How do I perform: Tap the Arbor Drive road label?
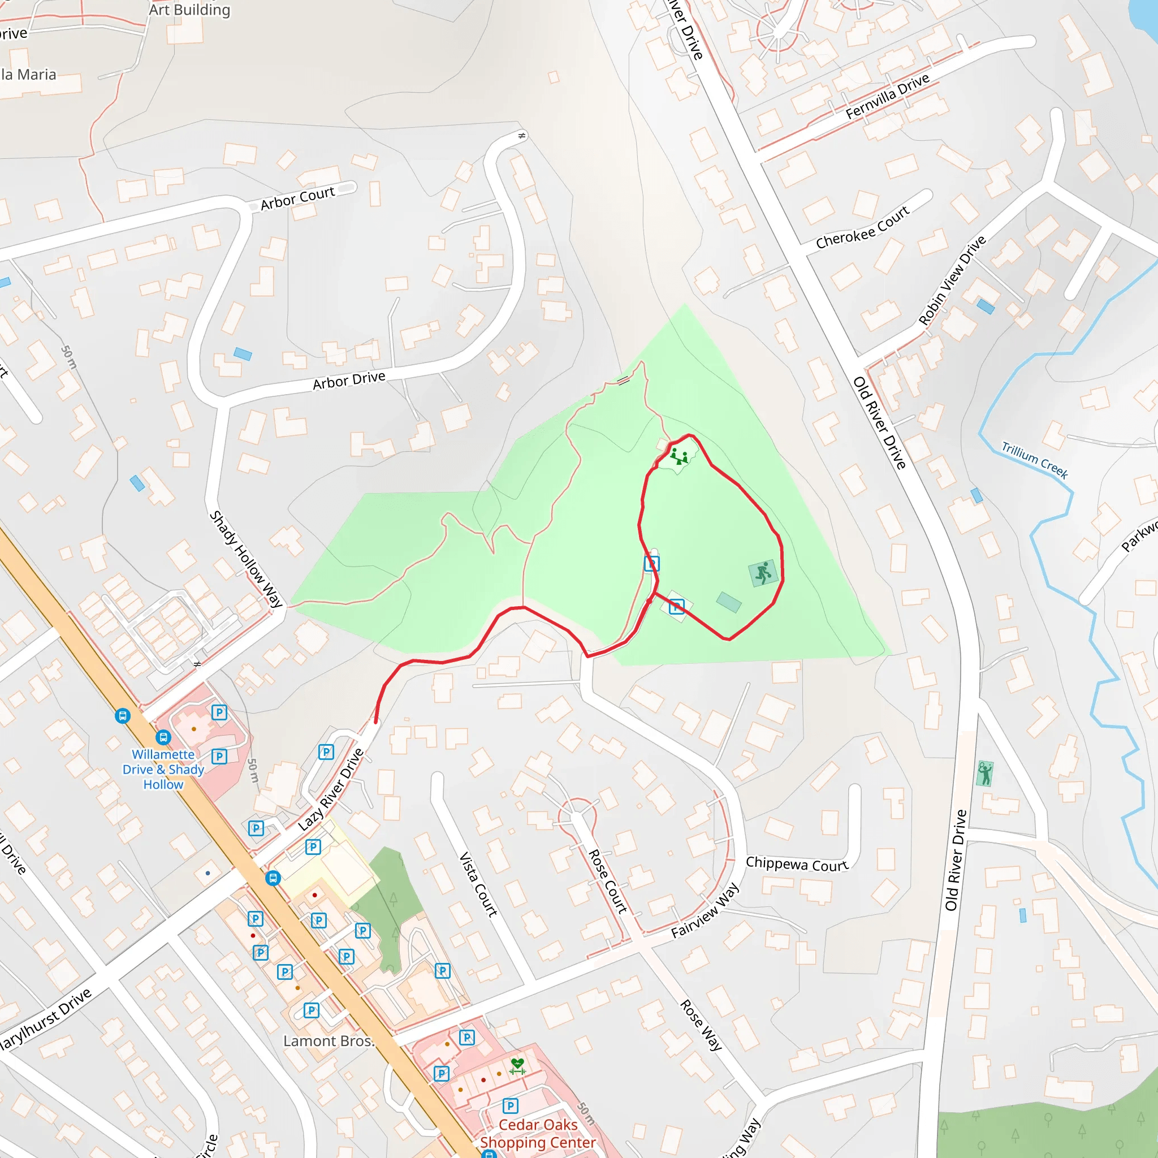(x=349, y=380)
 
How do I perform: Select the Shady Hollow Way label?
(x=246, y=559)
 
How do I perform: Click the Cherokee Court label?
(x=862, y=227)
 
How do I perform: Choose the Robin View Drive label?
(x=952, y=280)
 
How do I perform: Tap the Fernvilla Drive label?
(x=887, y=96)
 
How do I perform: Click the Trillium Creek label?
(x=1035, y=460)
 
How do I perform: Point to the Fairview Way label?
(x=705, y=910)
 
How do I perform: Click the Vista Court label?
(x=478, y=885)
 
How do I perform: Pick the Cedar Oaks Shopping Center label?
(x=538, y=1134)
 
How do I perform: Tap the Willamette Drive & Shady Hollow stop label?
(x=163, y=769)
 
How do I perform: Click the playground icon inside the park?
(x=679, y=457)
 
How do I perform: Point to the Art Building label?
(x=189, y=10)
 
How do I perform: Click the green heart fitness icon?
(x=517, y=1066)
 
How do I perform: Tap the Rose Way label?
(x=700, y=1025)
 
